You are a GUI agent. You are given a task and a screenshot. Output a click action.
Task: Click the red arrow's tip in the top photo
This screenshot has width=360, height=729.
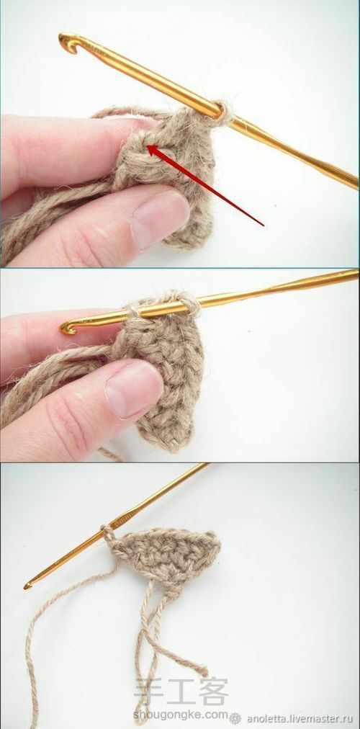point(148,147)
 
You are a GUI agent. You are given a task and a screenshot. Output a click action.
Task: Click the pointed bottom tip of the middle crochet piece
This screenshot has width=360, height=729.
point(173,449)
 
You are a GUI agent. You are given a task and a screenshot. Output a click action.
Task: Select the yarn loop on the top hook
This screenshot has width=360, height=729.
point(224,113)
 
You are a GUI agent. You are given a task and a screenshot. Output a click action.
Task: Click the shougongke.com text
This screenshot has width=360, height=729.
point(180,715)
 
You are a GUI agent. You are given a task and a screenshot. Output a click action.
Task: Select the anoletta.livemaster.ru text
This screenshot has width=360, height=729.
point(300,718)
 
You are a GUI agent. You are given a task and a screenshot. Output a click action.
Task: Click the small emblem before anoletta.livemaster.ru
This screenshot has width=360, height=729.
point(235,718)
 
